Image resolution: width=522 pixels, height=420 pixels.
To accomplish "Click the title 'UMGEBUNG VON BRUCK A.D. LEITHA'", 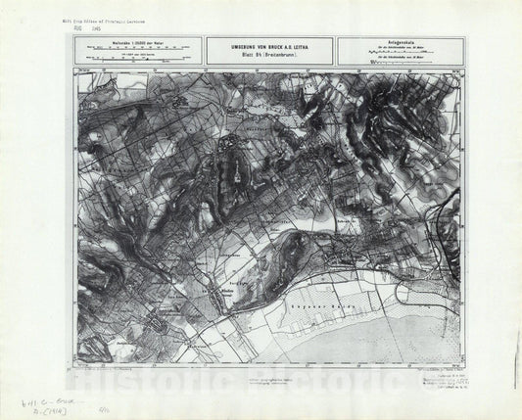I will [x=266, y=46].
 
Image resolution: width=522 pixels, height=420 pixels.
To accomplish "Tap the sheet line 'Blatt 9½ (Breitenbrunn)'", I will [x=266, y=55].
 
